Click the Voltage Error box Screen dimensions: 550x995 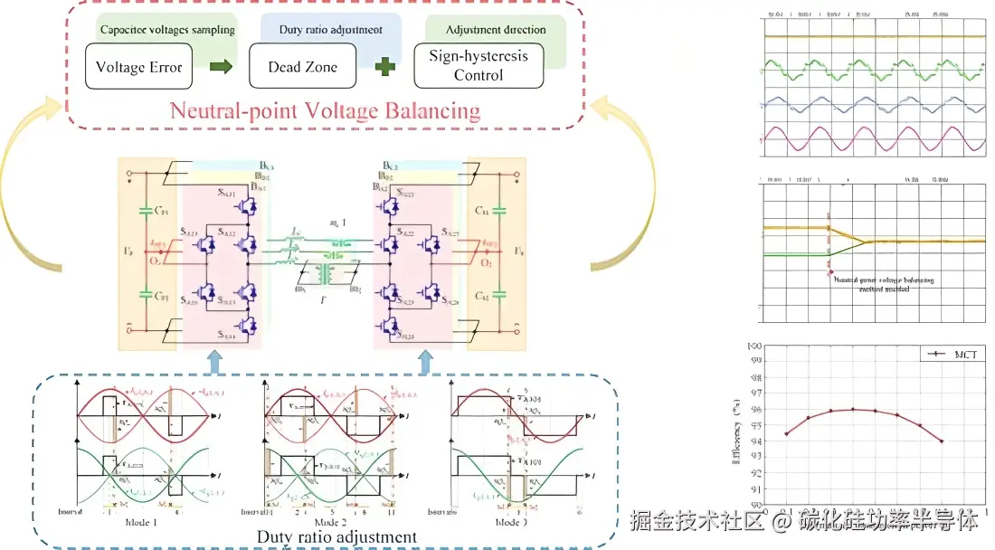coord(138,67)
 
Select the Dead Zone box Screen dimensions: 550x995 coord(302,67)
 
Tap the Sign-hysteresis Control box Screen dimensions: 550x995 coord(479,66)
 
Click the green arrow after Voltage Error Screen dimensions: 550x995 coord(221,66)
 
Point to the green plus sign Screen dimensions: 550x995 coord(386,66)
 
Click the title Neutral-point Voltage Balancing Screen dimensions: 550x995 coord(326,112)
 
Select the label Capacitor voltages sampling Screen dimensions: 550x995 coord(166,30)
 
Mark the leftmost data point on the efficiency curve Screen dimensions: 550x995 coord(787,434)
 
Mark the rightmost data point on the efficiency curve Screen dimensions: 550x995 coord(942,441)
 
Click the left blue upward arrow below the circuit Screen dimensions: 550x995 coord(214,362)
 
